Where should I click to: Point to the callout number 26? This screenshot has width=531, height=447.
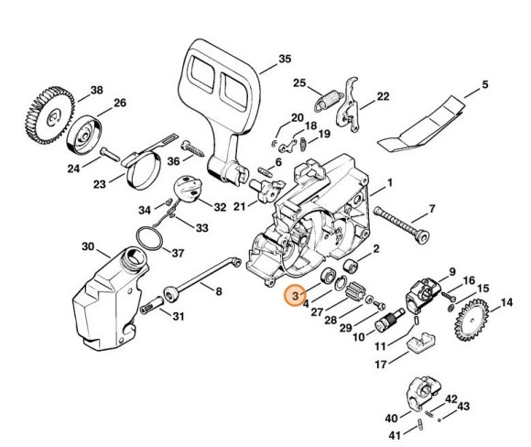(121, 103)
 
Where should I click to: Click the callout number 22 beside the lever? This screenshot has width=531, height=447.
(383, 96)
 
